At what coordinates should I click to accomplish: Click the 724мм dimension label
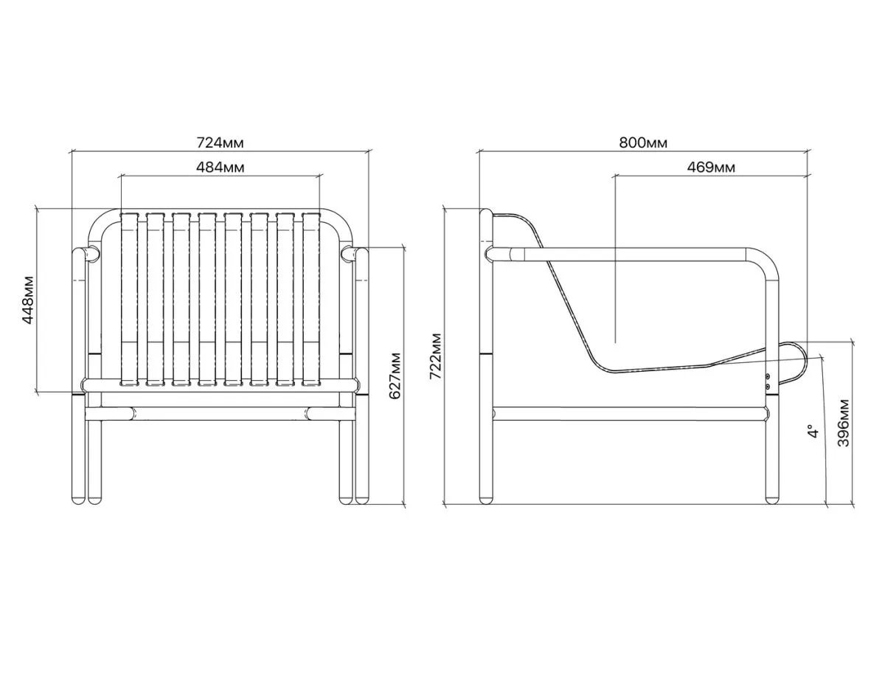220,142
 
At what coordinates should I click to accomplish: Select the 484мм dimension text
221,167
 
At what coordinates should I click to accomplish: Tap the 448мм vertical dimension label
28,300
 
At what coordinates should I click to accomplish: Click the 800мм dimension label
644,142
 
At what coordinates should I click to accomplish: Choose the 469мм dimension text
711,167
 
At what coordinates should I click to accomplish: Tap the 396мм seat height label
844,423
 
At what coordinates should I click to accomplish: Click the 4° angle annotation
813,431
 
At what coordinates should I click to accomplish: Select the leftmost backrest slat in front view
130,299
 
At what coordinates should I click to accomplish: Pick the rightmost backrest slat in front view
311,299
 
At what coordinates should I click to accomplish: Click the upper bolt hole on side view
768,376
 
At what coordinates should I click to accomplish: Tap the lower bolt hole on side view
768,385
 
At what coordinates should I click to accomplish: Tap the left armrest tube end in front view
92,254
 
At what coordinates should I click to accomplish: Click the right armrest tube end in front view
349,254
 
